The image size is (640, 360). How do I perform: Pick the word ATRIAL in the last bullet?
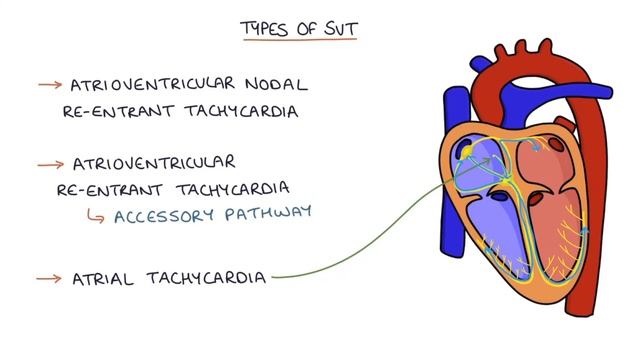click(104, 277)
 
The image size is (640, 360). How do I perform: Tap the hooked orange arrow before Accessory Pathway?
click(96, 213)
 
